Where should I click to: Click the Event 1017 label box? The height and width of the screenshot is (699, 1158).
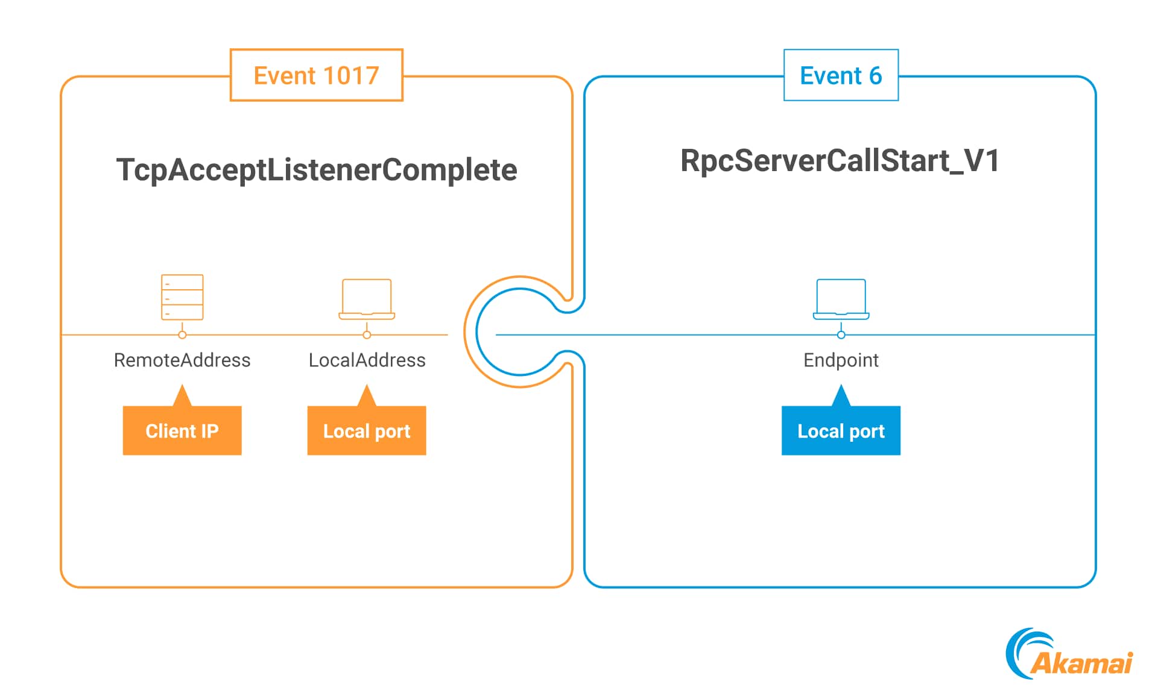(316, 75)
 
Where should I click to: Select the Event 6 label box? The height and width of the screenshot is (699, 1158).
(840, 75)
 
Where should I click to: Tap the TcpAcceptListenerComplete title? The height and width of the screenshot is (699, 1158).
(316, 169)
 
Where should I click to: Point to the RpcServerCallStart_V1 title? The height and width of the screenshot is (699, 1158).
(840, 160)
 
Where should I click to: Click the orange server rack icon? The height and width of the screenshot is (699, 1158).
(182, 297)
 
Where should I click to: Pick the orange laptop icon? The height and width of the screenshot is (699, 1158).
(367, 299)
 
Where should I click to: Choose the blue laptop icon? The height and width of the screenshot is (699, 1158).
(841, 299)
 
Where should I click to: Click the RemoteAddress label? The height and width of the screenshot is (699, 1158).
(182, 360)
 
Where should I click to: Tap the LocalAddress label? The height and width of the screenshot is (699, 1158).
(367, 360)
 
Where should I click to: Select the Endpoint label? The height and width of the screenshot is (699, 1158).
(841, 360)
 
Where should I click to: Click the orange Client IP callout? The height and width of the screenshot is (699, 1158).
(182, 430)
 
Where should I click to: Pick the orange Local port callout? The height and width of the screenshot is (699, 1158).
(367, 430)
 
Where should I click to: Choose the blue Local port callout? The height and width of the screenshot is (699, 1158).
(841, 430)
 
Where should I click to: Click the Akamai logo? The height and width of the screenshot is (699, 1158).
(1069, 655)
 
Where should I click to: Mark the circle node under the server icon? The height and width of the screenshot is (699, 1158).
(182, 334)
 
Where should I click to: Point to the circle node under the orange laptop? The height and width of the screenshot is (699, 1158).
(367, 334)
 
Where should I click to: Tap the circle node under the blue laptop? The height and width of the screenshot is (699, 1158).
(841, 334)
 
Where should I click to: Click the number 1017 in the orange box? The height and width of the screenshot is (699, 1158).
(350, 75)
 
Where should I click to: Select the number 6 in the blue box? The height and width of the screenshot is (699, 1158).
(875, 75)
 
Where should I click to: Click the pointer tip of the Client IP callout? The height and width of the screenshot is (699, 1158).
(182, 387)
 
